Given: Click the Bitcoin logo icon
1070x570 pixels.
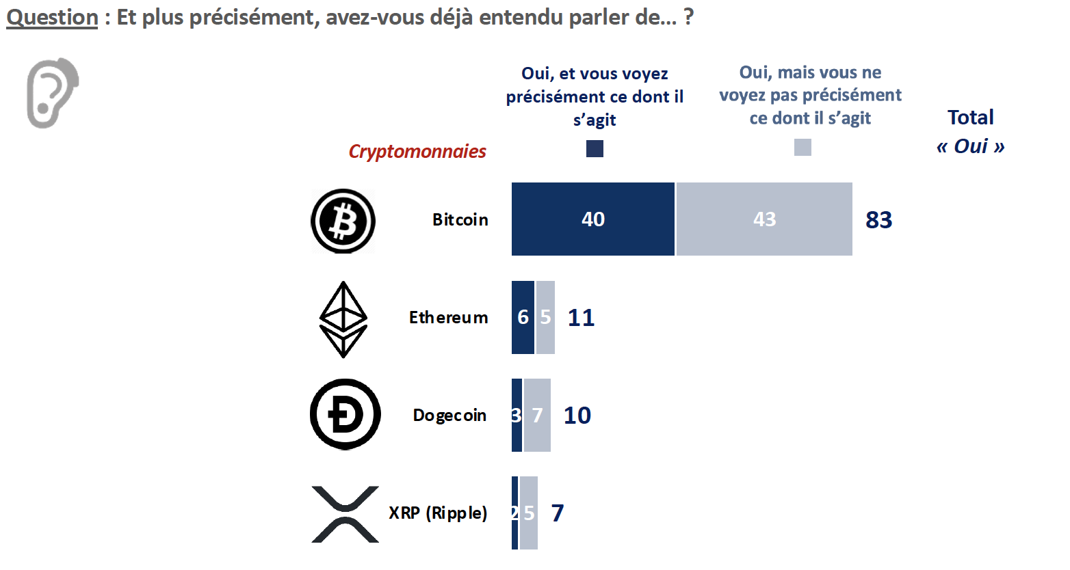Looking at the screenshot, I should coord(343,221).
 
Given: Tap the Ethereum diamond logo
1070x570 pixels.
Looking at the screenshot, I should coord(343,319).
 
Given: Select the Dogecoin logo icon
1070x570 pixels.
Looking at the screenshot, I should coord(345,414).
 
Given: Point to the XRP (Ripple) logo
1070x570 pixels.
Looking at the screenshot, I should coord(345,514).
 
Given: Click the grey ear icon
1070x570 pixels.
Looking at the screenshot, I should coord(52,92).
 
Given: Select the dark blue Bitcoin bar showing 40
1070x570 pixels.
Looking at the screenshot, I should coord(592,219).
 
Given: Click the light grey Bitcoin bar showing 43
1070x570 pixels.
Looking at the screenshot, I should coord(764,219).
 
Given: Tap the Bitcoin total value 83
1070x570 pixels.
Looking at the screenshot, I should coord(879,220).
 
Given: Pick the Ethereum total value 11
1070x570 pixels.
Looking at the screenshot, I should coord(581,318).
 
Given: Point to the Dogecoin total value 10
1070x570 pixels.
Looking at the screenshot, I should coord(577,416).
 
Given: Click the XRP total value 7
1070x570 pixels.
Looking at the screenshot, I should coord(558,513).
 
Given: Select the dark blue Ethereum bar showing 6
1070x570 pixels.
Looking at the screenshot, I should coord(523,317).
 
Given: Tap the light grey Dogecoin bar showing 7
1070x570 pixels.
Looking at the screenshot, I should coord(537,415).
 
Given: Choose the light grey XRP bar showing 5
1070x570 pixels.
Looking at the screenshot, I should coord(529,513).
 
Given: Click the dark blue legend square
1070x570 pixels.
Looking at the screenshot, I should coord(595,148).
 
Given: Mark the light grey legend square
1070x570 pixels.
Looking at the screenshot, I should coord(802,147).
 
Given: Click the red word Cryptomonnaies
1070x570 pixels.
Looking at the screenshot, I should coord(417,151).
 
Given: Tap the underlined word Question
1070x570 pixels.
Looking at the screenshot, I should coord(52,17).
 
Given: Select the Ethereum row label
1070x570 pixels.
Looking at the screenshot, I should coord(448,318).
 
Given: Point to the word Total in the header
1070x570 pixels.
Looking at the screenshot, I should coord(970,118).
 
